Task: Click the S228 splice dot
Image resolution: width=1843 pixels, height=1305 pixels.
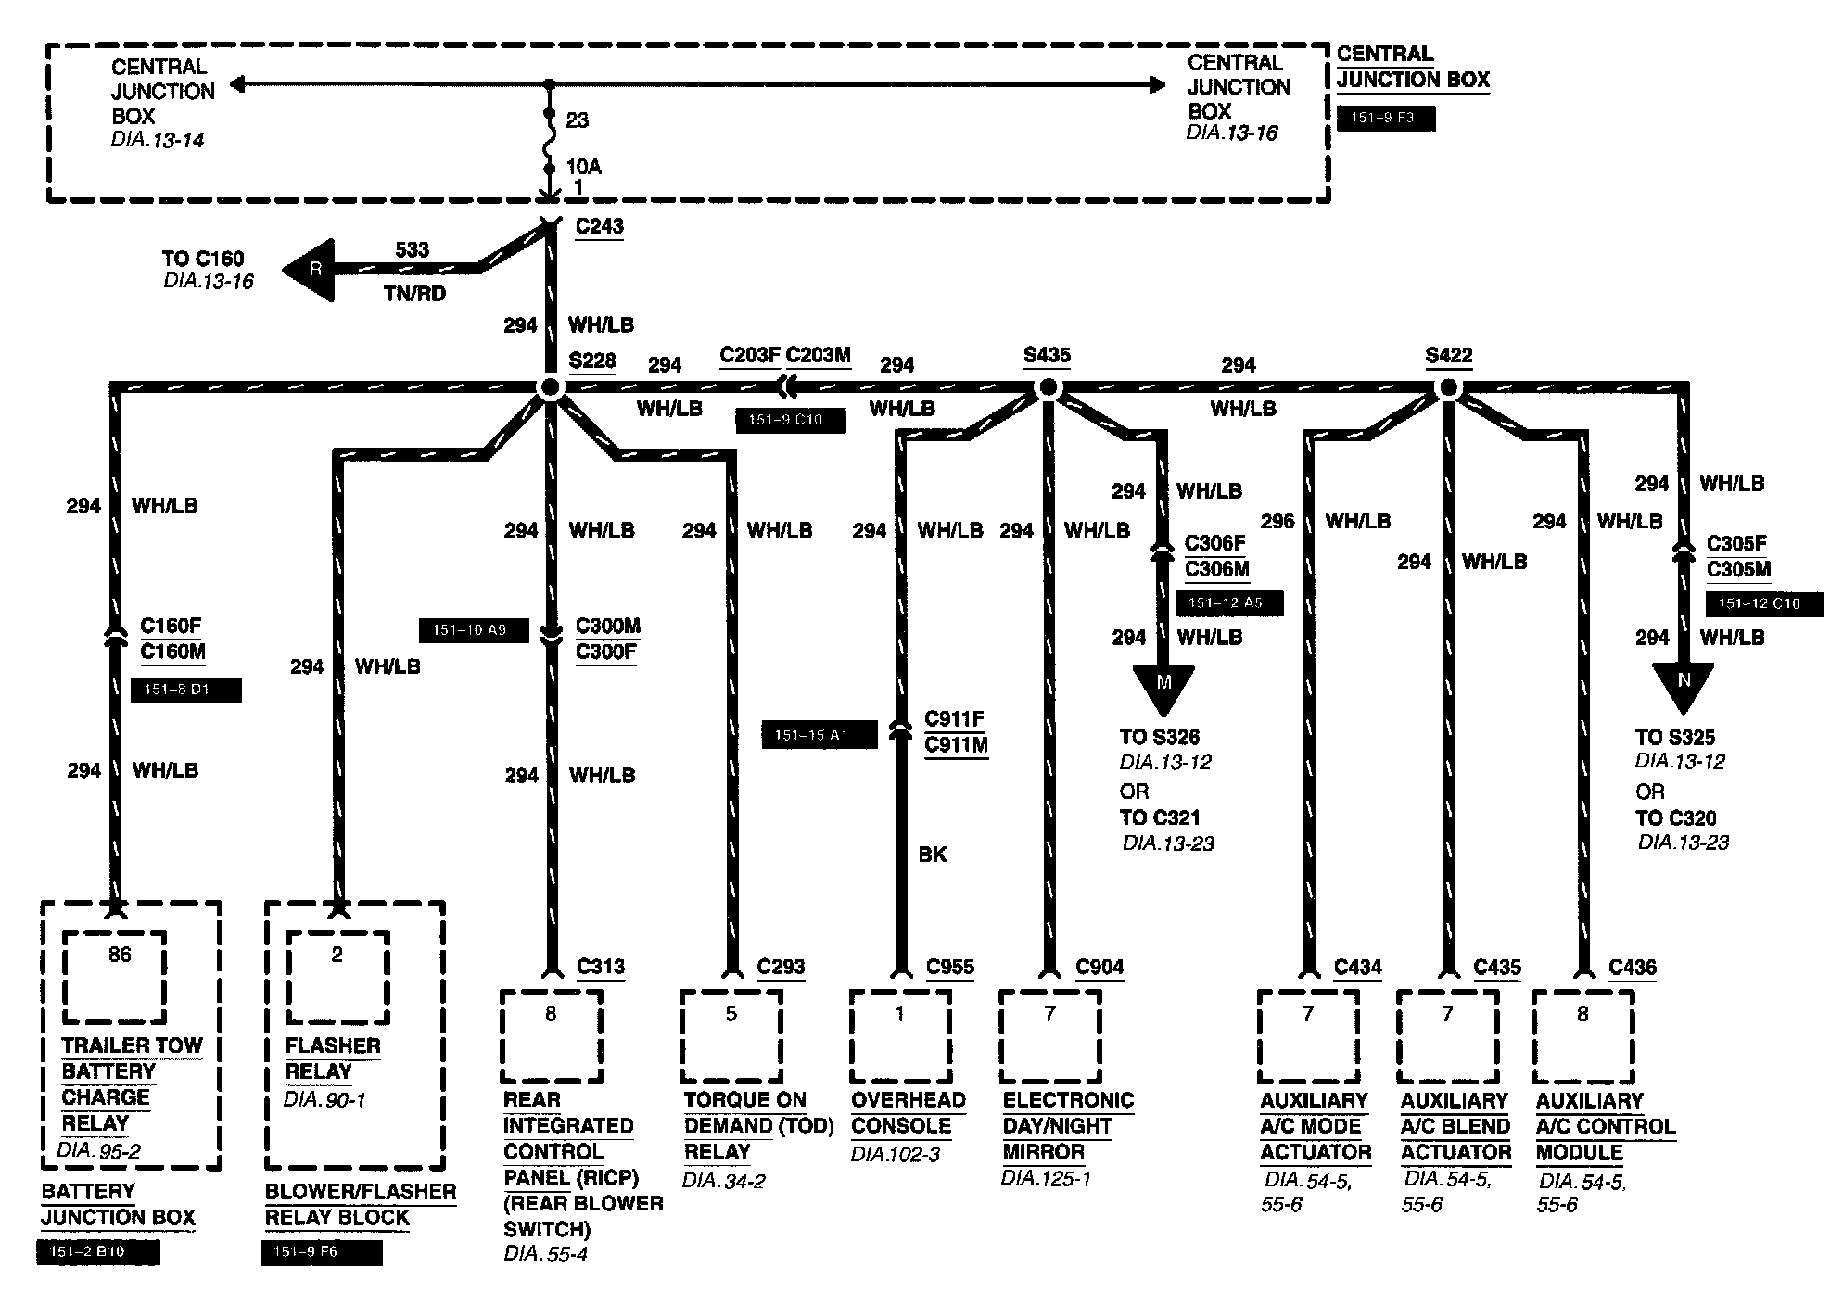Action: [x=550, y=388]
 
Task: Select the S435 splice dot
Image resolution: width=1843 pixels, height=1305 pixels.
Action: [x=1047, y=388]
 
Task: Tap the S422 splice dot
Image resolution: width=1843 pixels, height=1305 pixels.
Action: [x=1448, y=388]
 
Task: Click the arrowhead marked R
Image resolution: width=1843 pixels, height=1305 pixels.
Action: [x=311, y=270]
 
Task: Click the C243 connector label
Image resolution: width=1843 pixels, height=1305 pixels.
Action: [x=599, y=226]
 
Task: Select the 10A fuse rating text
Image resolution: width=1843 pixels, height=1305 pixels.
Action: [x=584, y=167]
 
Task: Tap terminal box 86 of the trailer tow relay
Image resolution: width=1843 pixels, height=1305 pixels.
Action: [x=115, y=977]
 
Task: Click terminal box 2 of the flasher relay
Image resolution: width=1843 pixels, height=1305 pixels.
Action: [x=337, y=977]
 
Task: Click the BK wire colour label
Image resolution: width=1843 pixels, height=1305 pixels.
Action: [x=933, y=855]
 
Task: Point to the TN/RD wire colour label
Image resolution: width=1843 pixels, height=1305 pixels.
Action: [x=414, y=294]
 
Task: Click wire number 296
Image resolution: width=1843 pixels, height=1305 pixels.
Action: [x=1277, y=521]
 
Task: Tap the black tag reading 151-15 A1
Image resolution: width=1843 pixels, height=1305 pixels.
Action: [x=819, y=735]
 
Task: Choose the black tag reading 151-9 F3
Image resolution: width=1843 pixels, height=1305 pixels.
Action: [x=1386, y=119]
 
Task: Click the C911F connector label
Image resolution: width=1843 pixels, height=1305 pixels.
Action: [x=954, y=719]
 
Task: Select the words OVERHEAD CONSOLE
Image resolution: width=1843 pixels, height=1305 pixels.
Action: [x=908, y=1113]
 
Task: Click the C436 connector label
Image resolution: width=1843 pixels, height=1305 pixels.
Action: [x=1632, y=968]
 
